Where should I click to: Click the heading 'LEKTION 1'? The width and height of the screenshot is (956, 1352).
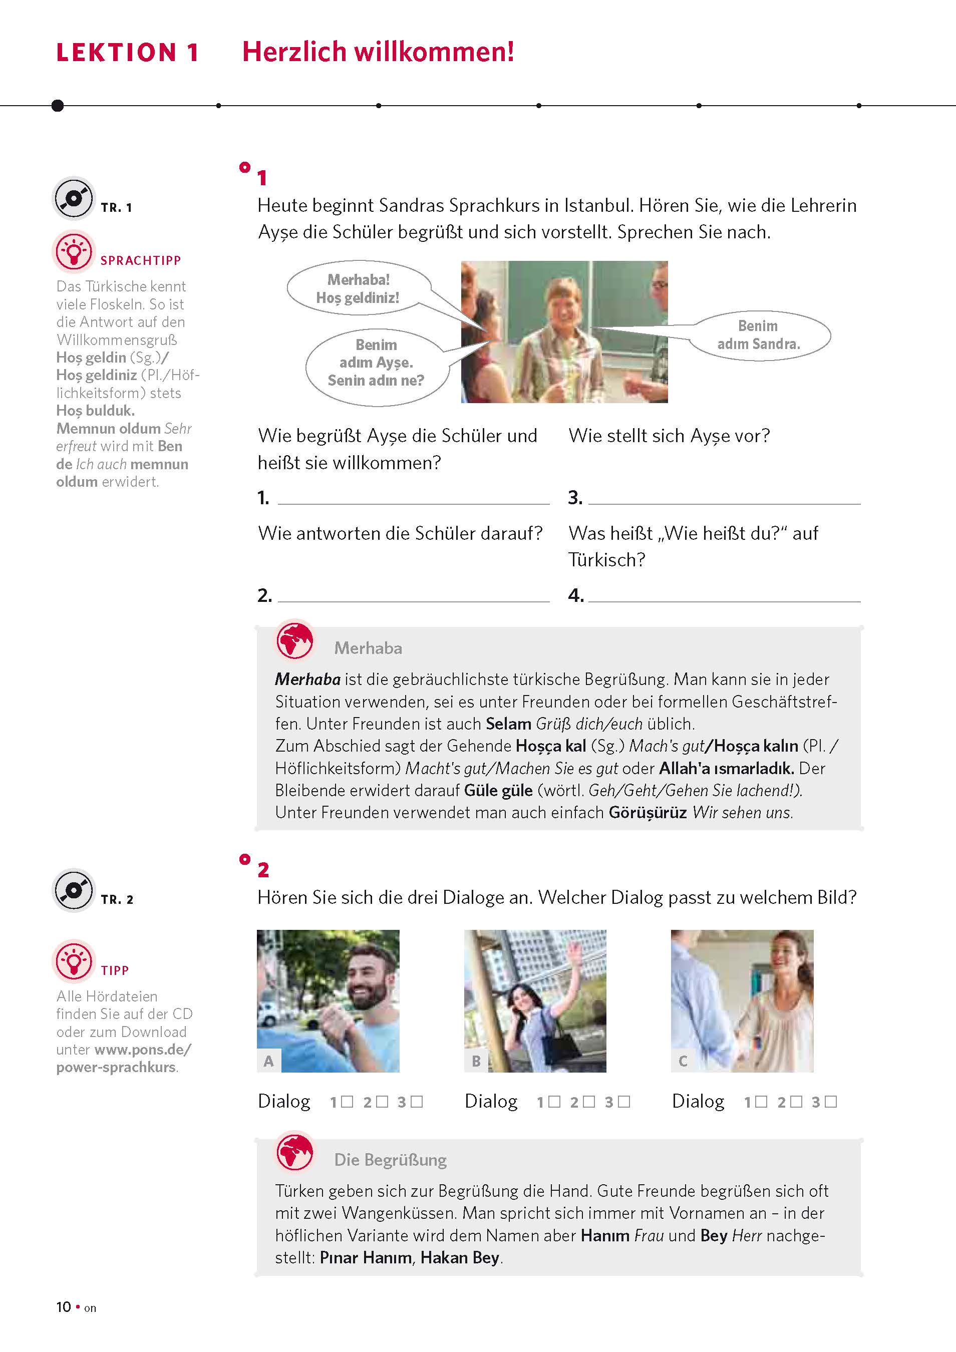click(127, 53)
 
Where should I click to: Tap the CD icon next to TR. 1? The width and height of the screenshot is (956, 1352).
click(74, 198)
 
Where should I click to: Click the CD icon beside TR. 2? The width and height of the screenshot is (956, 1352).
click(74, 890)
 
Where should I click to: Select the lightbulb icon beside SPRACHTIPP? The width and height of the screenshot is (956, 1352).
click(74, 251)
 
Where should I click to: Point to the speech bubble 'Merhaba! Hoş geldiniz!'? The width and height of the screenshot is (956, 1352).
click(358, 288)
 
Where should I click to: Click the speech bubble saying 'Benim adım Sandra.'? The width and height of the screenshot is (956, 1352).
click(759, 335)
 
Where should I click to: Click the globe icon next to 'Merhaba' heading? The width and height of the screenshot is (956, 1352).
click(294, 640)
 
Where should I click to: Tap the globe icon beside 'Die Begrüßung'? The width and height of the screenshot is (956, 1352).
click(294, 1152)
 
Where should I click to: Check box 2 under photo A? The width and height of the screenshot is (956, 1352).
click(382, 1101)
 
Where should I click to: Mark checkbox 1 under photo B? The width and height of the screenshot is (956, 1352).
click(554, 1101)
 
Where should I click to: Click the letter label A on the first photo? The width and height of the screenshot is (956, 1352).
click(268, 1061)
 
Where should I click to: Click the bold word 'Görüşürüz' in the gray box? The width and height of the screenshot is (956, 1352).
click(648, 813)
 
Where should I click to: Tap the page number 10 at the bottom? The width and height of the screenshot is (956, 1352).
click(64, 1306)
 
